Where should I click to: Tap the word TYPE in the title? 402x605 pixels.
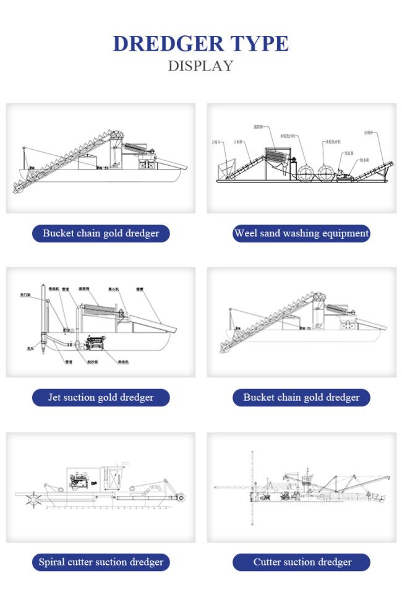coord(260,43)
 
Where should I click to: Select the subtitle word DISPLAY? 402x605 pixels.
coord(201,66)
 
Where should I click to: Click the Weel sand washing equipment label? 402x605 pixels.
coord(301,233)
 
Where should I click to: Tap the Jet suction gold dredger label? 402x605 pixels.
coord(101,397)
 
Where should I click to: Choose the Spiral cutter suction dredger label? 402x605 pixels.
coord(101,562)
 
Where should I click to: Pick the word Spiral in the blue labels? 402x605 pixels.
coord(51,562)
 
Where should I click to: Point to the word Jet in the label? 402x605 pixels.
coord(56,397)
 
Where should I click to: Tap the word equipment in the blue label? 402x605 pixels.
coord(346,233)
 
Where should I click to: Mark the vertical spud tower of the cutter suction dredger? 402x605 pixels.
coord(252,483)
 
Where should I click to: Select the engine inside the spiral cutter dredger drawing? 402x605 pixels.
coord(80,479)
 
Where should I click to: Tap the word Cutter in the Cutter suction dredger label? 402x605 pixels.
coord(268,562)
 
